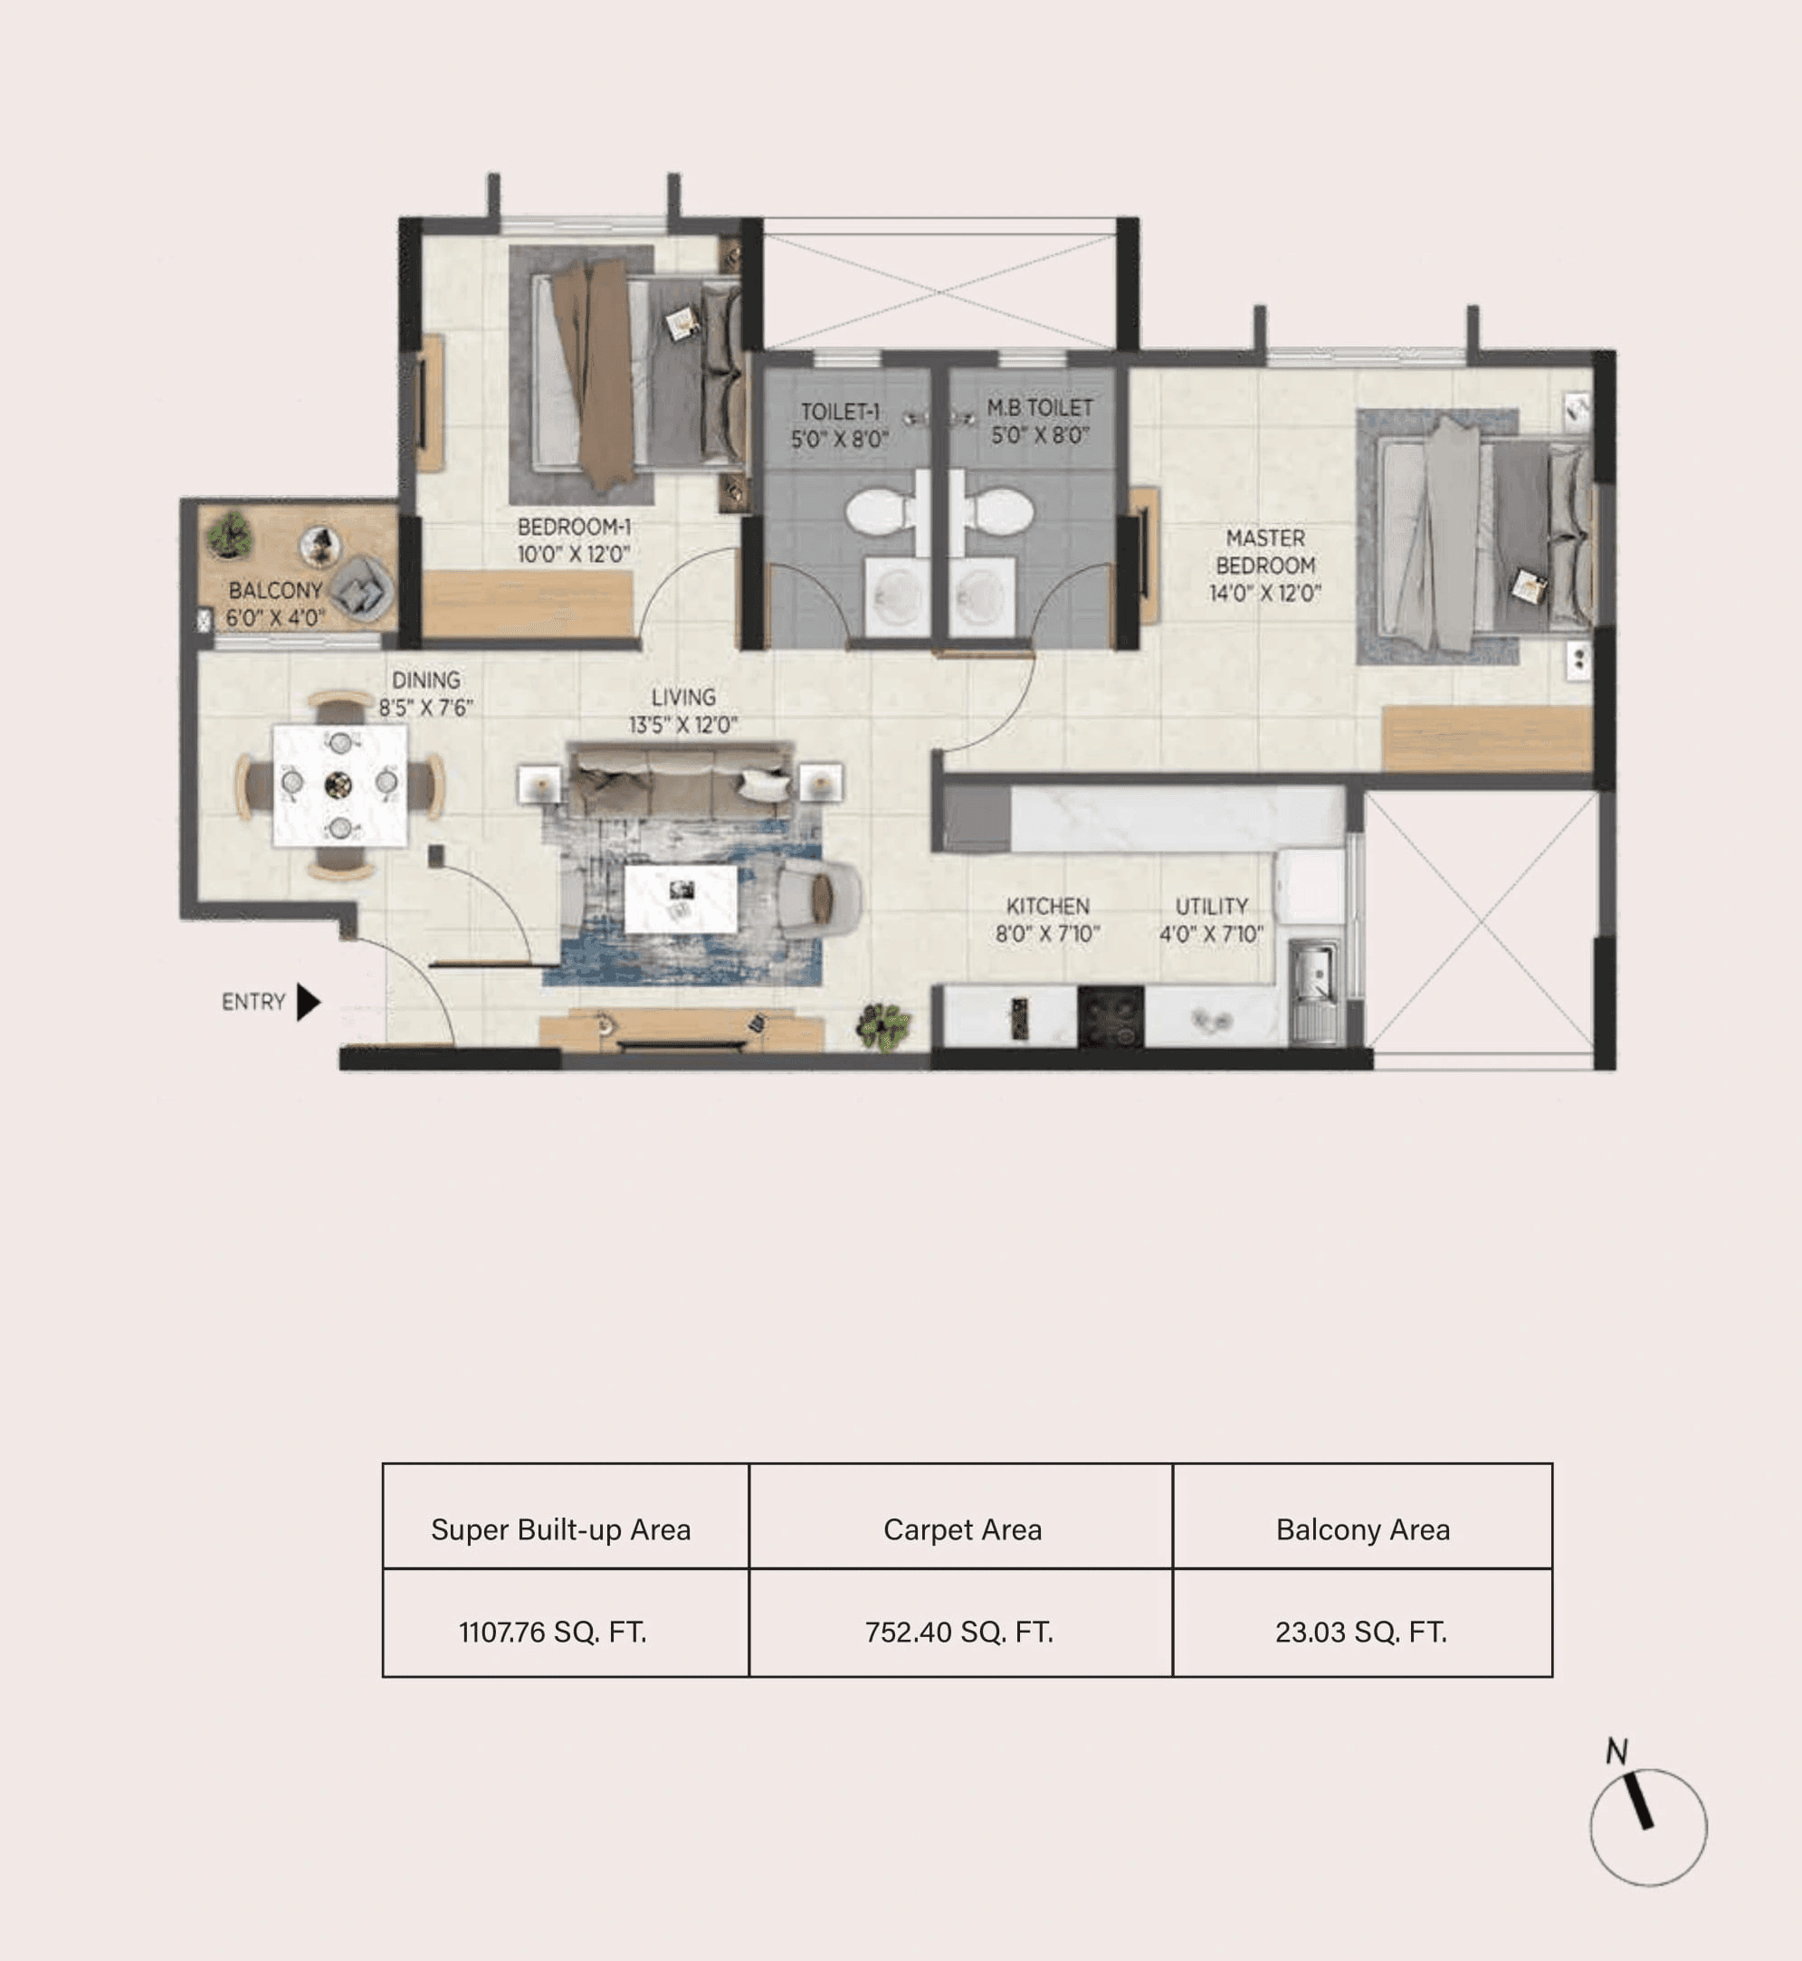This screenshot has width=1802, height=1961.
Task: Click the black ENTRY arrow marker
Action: pos(308,1002)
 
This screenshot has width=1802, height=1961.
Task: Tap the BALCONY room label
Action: pos(275,591)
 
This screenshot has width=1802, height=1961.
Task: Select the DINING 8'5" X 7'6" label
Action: pos(426,694)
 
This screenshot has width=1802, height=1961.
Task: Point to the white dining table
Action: pos(339,785)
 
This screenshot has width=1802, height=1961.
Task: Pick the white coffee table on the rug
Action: pos(681,898)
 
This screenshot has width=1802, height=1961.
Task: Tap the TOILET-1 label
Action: pos(840,413)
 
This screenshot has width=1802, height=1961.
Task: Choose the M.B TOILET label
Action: pos(1039,407)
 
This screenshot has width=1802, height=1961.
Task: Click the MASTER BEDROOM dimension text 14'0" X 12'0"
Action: pos(1264,593)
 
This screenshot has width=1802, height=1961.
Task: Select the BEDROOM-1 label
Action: pos(574,528)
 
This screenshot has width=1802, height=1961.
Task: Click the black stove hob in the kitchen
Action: pos(1110,1016)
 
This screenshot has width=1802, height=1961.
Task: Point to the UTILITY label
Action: pos(1211,906)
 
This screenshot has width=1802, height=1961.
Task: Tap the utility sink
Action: pos(1313,976)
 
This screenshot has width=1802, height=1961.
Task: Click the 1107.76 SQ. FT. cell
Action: pos(553,1633)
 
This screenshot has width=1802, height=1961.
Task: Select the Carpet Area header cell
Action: pos(962,1530)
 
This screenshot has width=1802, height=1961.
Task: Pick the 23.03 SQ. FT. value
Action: pos(1360,1633)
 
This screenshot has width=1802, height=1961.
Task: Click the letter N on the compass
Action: pos(1616,1752)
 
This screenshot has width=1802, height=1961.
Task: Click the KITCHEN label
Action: pos(1047,906)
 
